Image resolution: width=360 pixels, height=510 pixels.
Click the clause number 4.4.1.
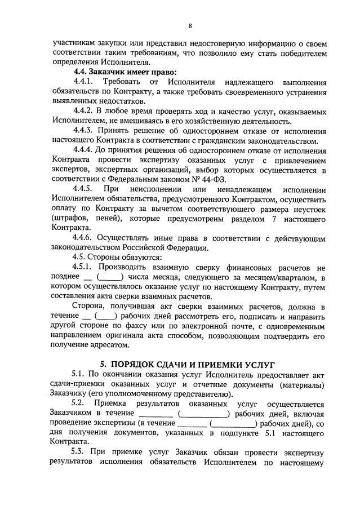tap(86, 82)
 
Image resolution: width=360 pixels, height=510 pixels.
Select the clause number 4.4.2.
tap(85, 111)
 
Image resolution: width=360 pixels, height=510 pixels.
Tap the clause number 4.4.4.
tap(85, 150)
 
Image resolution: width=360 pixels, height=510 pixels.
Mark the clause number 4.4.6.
tap(85, 238)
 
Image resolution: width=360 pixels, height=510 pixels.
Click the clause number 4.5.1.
tap(85, 267)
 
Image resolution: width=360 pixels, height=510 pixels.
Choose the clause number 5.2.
tap(82, 403)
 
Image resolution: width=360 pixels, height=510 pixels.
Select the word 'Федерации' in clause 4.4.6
tap(187, 248)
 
